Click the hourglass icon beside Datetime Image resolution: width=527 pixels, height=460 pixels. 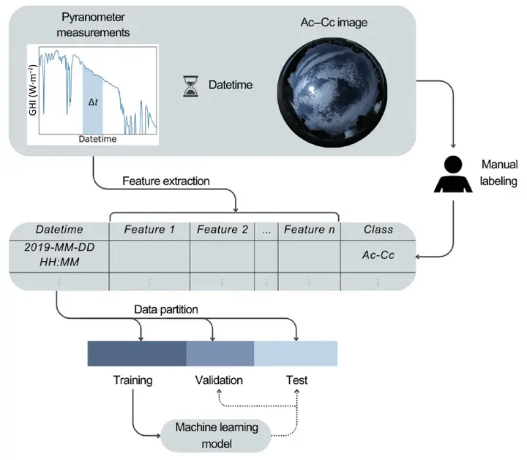tap(190, 86)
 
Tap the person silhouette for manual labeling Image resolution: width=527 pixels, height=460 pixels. tap(453, 174)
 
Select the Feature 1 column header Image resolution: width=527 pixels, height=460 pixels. tap(149, 230)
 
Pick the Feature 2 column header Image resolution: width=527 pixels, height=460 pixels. tap(223, 230)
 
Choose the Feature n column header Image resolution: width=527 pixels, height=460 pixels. tap(309, 230)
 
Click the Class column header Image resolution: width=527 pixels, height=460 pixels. tap(378, 230)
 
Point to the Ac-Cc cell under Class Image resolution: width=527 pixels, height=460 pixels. tap(378, 255)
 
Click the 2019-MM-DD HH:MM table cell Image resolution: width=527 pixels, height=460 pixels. tap(59, 254)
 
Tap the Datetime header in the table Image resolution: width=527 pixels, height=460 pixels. tap(59, 230)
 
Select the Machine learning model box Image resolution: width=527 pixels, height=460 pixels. tap(216, 435)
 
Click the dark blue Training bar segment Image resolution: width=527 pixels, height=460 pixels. tap(137, 353)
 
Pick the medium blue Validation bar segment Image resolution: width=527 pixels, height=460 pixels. tap(220, 353)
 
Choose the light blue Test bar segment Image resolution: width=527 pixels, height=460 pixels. tap(296, 353)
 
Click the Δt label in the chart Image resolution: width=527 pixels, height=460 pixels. tap(93, 102)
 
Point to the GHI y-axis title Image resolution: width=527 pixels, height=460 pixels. tap(33, 90)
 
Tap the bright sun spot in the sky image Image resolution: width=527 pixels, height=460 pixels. tap(312, 89)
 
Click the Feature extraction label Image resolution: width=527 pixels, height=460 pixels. tap(166, 181)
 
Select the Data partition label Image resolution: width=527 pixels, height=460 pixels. tap(166, 309)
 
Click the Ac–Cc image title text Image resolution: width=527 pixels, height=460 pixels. tap(334, 23)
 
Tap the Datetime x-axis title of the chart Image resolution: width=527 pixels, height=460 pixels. tap(97, 139)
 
